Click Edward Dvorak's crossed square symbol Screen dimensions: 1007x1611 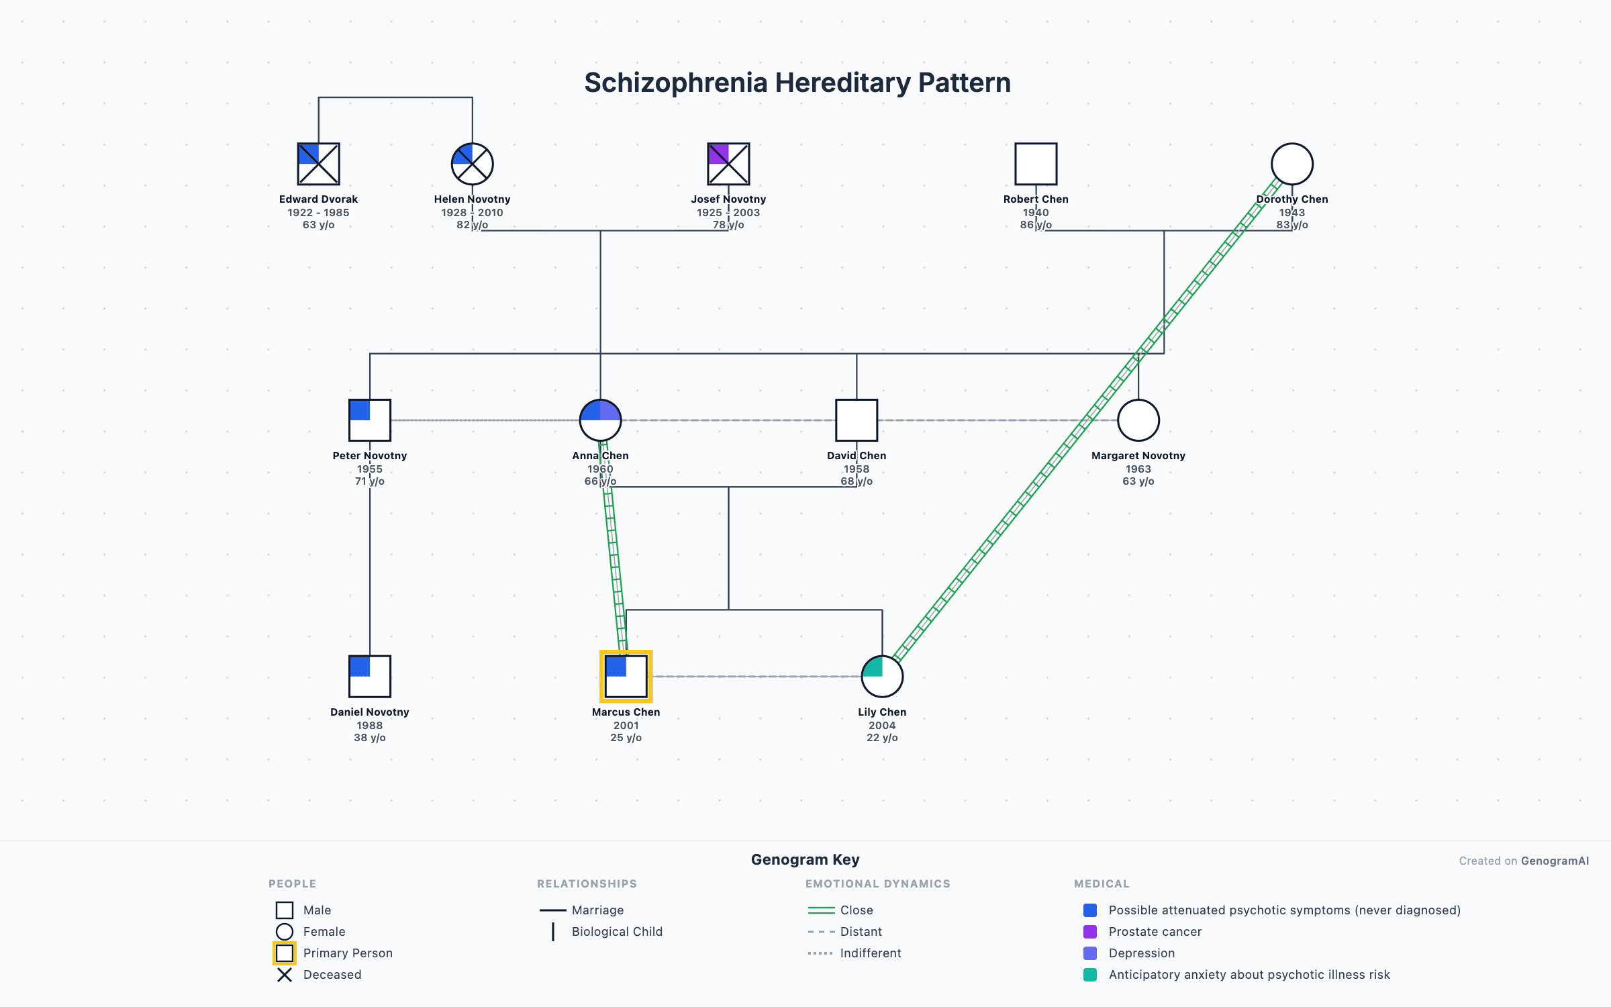point(318,164)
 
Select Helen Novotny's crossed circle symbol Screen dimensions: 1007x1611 point(472,164)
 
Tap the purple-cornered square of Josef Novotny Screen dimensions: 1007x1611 point(728,164)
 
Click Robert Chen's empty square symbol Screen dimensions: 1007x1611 point(1036,164)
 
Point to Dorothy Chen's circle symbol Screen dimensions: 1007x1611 point(1291,164)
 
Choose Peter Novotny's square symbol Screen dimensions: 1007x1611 point(369,420)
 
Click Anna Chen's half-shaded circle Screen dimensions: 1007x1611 point(600,420)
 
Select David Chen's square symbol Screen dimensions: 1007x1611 point(857,420)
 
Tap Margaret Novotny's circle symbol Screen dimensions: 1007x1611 point(1138,420)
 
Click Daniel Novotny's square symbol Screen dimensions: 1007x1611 point(369,677)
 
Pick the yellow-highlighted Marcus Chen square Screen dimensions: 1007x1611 point(626,677)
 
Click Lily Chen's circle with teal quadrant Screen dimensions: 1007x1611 point(882,677)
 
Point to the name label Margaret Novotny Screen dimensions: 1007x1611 point(1138,456)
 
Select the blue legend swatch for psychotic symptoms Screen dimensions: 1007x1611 point(1090,910)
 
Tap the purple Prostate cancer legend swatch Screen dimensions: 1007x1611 point(1090,932)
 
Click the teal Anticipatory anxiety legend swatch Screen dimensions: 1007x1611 point(1090,975)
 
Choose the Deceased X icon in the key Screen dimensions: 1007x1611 point(285,975)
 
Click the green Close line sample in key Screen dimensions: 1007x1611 point(821,910)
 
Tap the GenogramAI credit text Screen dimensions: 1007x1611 point(1555,861)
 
